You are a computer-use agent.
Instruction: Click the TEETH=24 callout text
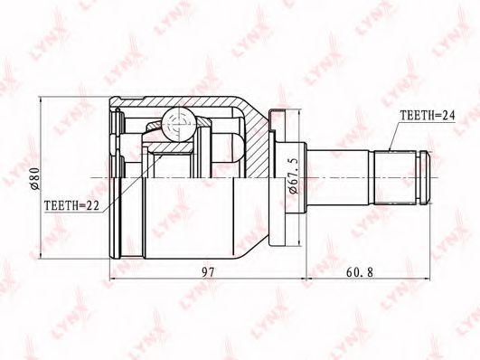[428, 116]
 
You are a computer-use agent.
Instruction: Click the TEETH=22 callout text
[71, 205]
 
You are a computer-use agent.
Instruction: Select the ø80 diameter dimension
[35, 178]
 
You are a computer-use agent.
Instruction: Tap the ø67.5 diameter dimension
[293, 176]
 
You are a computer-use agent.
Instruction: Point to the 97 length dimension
[208, 271]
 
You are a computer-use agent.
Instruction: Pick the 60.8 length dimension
[360, 271]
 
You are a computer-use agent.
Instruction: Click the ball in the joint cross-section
[179, 125]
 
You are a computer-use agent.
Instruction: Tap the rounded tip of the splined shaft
[425, 177]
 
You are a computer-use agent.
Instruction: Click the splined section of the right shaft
[396, 177]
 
